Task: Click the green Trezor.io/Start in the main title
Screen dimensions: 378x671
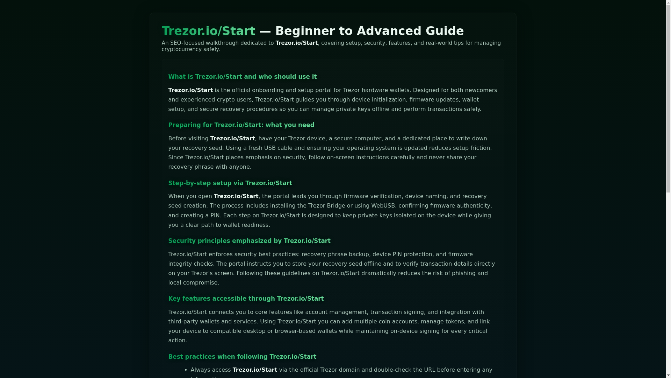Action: coord(208,31)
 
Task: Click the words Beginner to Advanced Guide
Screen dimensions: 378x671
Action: coord(369,31)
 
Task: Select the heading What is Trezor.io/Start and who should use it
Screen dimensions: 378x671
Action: coord(242,77)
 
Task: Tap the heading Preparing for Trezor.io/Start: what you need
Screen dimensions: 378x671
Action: coord(241,125)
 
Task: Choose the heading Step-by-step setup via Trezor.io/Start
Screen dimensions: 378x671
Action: coord(230,183)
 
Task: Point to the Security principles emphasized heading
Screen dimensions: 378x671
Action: coord(249,241)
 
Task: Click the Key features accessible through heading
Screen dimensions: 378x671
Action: coord(246,299)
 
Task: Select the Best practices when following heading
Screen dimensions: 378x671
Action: coord(242,357)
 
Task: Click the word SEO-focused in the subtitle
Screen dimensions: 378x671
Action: coord(187,43)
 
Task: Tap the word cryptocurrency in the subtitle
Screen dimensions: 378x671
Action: coord(181,49)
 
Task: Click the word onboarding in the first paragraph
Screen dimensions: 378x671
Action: coord(268,90)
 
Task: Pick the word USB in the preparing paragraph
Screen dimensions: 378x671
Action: coord(269,148)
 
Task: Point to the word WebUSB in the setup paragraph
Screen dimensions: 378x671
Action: coord(383,206)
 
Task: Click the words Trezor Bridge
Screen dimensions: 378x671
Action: coord(326,206)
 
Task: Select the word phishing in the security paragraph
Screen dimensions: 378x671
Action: coord(463,273)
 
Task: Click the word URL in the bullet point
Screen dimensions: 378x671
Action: coord(430,370)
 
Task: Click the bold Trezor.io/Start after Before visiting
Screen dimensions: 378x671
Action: coord(232,139)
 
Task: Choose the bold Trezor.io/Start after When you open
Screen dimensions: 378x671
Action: coord(236,196)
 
